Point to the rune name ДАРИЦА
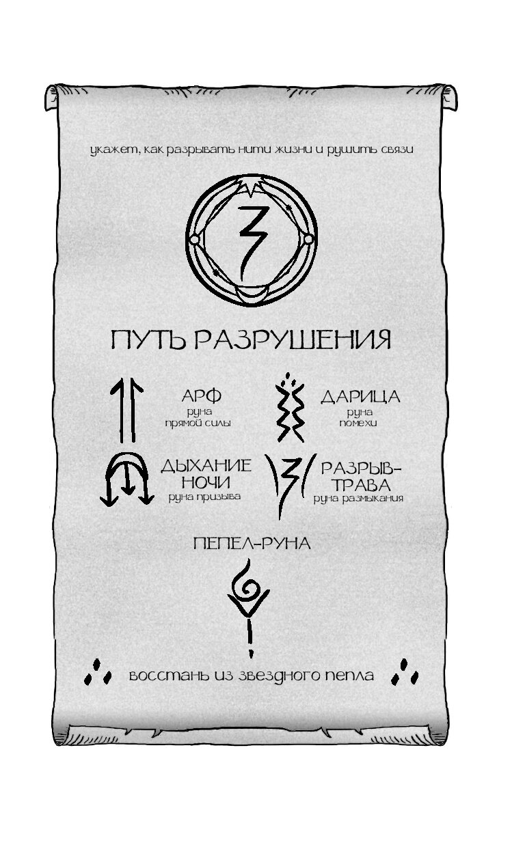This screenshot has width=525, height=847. [x=360, y=397]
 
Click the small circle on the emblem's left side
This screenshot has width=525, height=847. [x=193, y=238]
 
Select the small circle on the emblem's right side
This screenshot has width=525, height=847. [x=308, y=238]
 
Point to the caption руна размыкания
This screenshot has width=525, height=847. [x=358, y=499]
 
